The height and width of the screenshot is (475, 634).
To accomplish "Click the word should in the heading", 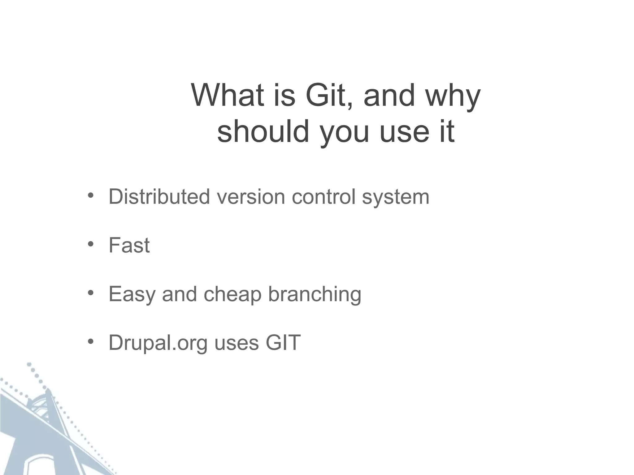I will point(263,131).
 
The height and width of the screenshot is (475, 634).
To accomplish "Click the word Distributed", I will point(159,197).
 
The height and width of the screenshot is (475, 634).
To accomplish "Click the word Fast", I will point(129,246).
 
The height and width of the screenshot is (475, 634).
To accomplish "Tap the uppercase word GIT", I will point(283,343).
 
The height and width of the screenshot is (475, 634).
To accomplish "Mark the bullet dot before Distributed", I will point(90,195).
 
